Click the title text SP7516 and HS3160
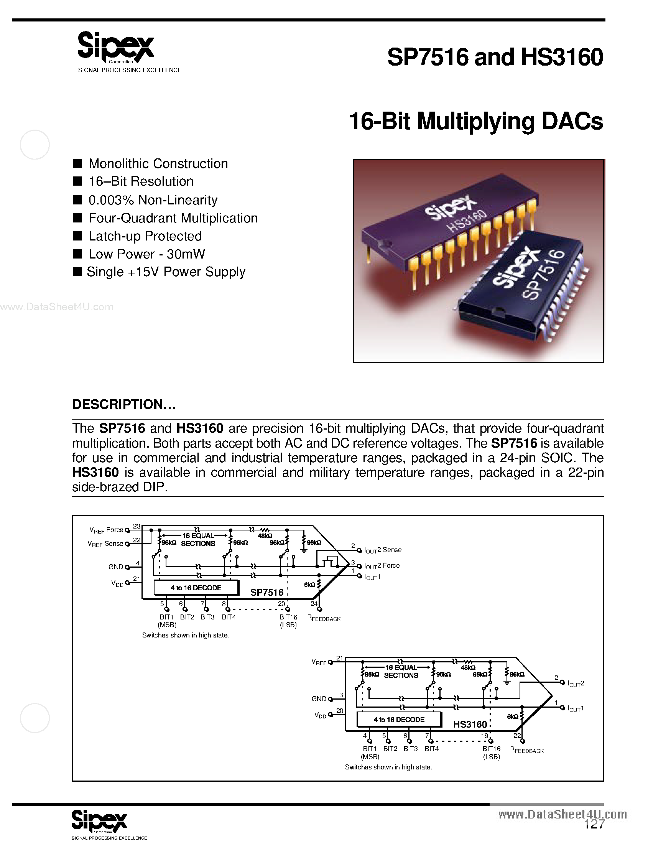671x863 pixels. [495, 57]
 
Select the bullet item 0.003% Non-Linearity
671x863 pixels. [153, 200]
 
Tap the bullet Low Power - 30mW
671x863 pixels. [146, 254]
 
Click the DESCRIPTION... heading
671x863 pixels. [124, 404]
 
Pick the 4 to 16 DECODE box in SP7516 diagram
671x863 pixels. [196, 588]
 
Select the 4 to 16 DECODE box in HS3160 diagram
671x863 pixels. [399, 720]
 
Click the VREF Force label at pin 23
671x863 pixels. [106, 530]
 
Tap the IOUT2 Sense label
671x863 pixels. [383, 550]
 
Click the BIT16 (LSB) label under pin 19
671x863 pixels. [491, 753]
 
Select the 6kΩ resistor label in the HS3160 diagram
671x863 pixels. [512, 716]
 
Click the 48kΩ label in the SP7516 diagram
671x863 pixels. [265, 536]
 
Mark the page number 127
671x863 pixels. [594, 824]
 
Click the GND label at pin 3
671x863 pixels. [319, 698]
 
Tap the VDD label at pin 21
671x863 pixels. [117, 583]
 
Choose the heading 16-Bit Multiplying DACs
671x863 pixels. [476, 121]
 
